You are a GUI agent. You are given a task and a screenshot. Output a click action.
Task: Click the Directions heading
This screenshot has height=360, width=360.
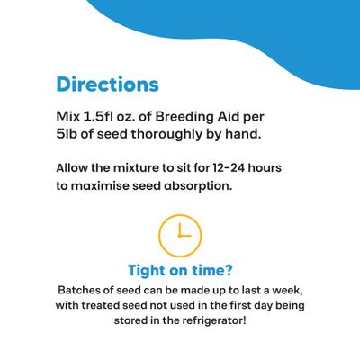[x=107, y=85]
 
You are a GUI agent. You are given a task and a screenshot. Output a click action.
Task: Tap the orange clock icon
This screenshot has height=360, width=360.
[x=179, y=233]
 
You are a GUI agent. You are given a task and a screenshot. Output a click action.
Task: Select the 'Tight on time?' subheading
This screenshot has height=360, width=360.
[x=180, y=270]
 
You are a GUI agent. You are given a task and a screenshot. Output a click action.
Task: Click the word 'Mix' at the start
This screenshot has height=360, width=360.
[x=68, y=117]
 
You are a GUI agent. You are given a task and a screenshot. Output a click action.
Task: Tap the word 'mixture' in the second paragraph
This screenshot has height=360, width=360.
[x=149, y=168]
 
